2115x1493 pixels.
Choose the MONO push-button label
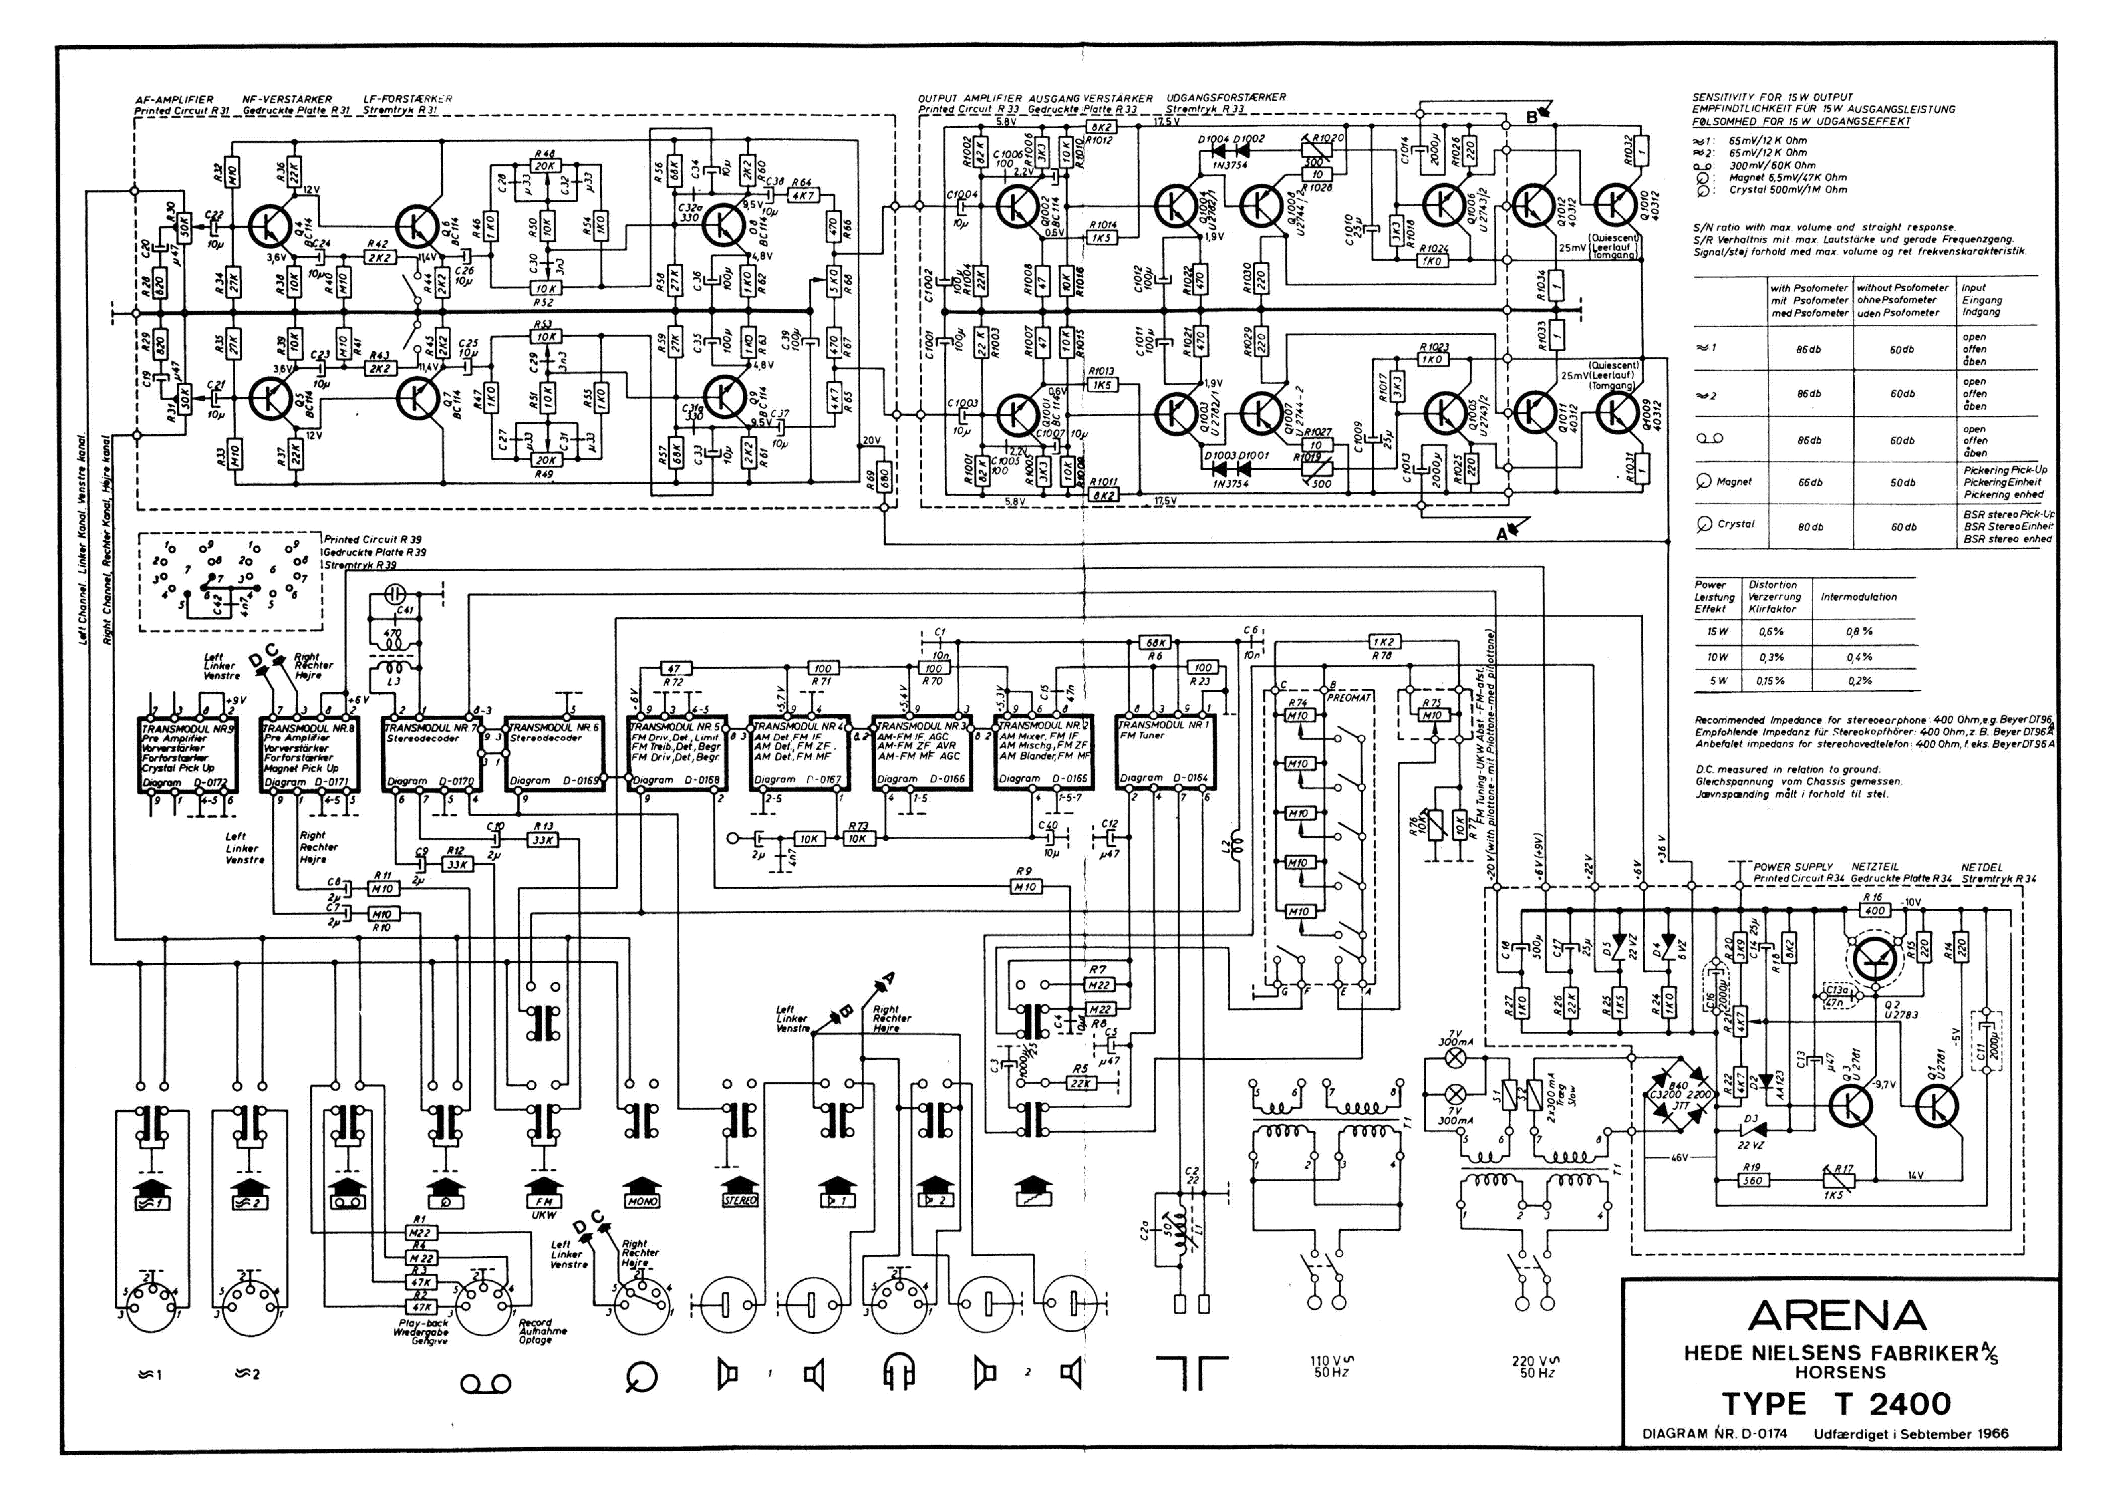tap(642, 1201)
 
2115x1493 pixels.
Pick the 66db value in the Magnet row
tap(1808, 483)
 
